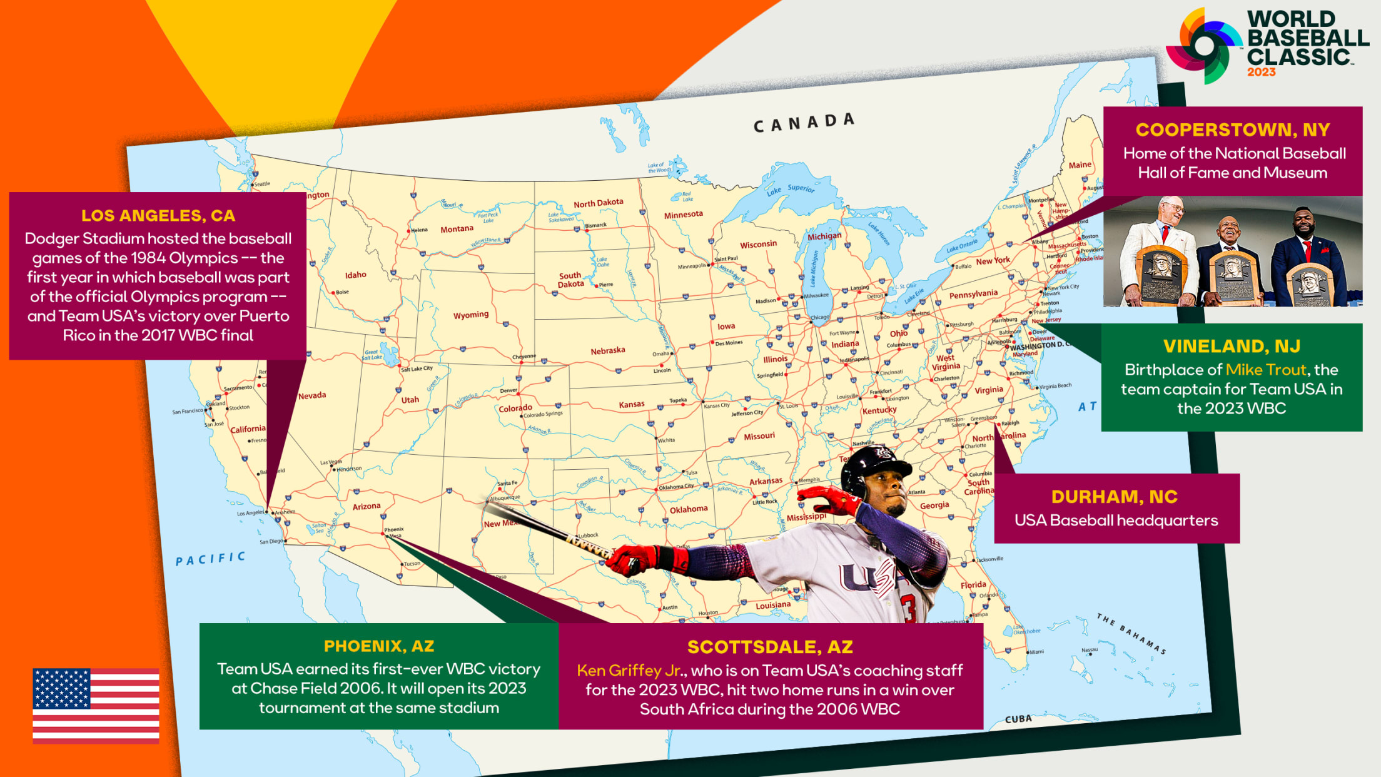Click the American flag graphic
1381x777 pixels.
click(96, 705)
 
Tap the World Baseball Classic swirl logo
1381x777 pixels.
click(1203, 46)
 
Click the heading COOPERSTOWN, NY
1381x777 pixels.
click(1232, 129)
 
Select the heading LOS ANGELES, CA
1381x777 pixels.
click(158, 216)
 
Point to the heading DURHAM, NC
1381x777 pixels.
click(1115, 497)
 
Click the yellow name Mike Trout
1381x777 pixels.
click(1265, 370)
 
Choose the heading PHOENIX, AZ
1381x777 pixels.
click(379, 646)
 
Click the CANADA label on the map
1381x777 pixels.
click(803, 123)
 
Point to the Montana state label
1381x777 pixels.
click(457, 229)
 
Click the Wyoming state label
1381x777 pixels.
click(471, 315)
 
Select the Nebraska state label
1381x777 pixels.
click(607, 351)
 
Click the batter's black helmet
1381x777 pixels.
click(873, 466)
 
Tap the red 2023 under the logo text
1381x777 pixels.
click(1261, 73)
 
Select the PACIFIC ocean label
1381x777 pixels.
click(210, 558)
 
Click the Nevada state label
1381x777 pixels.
click(311, 395)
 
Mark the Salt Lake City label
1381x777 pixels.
click(417, 368)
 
